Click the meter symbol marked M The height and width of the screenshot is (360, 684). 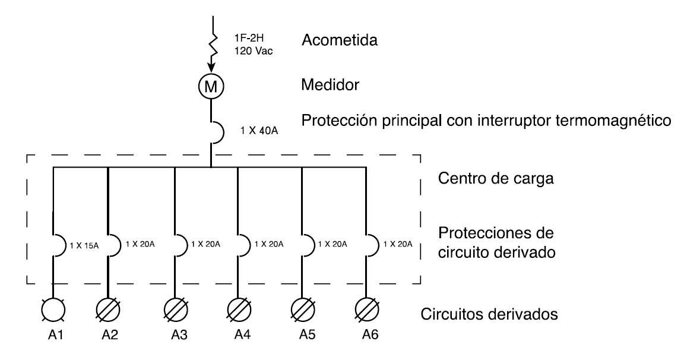211,87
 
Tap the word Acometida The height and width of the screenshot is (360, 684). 340,41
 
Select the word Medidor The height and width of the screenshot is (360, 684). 330,85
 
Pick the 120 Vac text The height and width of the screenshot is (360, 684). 253,50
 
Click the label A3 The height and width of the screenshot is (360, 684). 176,335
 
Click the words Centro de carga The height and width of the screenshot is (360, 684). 496,178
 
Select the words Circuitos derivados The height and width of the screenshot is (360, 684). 489,313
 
